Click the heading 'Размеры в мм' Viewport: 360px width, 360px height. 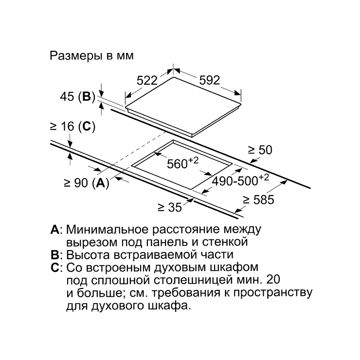[91, 56]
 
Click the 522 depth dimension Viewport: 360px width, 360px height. [147, 81]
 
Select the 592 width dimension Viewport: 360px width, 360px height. [209, 80]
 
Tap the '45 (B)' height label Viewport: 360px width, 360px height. [78, 97]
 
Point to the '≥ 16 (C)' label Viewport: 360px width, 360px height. [72, 126]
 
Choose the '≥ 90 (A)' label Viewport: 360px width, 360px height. [86, 183]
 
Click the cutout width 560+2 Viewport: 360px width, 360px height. [182, 163]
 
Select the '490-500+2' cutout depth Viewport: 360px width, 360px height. [240, 180]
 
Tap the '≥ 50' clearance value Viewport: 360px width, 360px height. [260, 150]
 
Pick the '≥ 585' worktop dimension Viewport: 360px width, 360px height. [258, 200]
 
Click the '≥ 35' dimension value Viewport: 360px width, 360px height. [170, 207]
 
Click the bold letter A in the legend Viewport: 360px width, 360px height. [54, 229]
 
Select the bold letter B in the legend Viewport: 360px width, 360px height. [54, 255]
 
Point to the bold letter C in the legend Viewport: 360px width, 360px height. [55, 268]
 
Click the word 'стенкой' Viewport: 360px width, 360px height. [225, 242]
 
